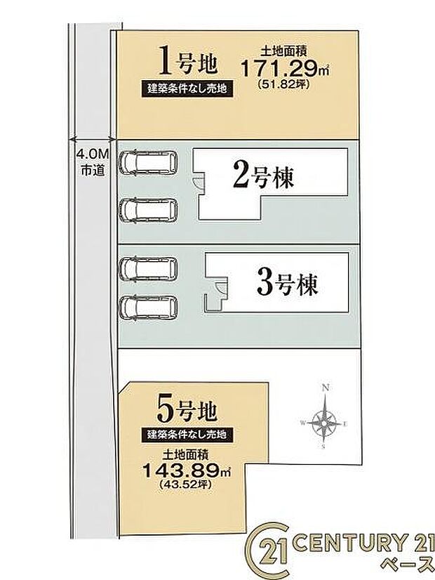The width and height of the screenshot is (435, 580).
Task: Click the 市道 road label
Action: [x=91, y=169]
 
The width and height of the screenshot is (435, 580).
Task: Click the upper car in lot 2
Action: [x=148, y=164]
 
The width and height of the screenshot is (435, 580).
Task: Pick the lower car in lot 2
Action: [x=148, y=209]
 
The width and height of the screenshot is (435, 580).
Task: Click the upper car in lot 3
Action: [x=148, y=268]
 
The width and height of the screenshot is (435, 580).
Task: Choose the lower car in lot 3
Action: [x=148, y=307]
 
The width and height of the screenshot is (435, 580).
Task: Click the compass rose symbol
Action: [x=324, y=421]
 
